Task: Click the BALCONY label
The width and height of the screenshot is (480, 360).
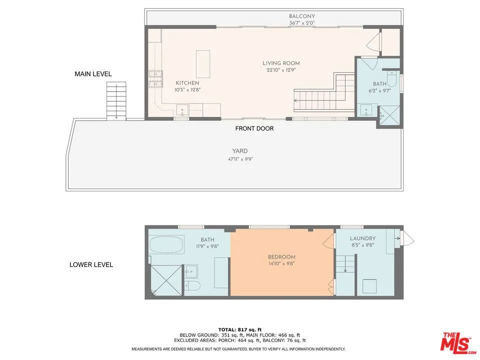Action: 302,16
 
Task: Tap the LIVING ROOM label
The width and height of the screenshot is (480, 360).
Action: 281,63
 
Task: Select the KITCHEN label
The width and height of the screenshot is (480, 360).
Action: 187,83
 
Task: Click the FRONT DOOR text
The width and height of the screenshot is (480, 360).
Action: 254,128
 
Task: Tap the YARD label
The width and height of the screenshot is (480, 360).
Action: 240,151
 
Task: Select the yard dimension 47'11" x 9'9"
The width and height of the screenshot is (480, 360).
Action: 240,158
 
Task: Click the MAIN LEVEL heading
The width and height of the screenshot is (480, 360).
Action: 93,74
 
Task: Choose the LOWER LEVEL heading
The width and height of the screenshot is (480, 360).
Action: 91,264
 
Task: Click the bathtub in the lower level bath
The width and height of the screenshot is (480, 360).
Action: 167,244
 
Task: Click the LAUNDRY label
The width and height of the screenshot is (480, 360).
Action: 362,238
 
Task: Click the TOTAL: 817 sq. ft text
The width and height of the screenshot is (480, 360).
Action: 240,329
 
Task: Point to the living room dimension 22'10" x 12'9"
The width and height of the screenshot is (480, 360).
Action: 281,70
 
